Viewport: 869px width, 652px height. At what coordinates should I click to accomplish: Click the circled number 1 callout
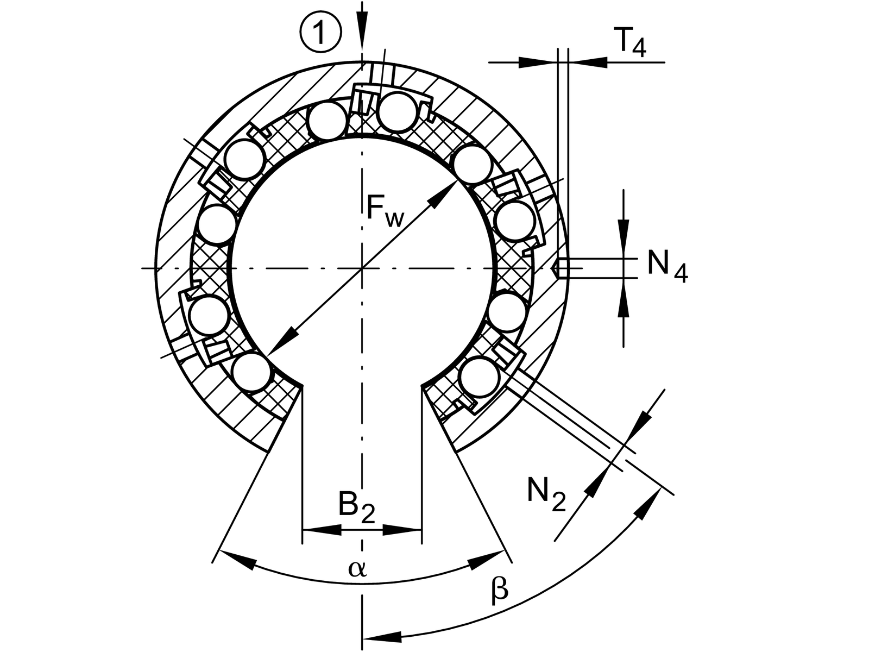pos(320,34)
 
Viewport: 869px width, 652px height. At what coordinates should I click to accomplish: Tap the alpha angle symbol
pos(358,569)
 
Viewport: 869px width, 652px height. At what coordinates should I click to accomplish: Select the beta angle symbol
pos(500,591)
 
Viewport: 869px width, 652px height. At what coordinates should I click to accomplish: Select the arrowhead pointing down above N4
pos(624,225)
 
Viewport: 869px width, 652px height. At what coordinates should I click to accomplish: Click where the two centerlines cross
pos(362,268)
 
